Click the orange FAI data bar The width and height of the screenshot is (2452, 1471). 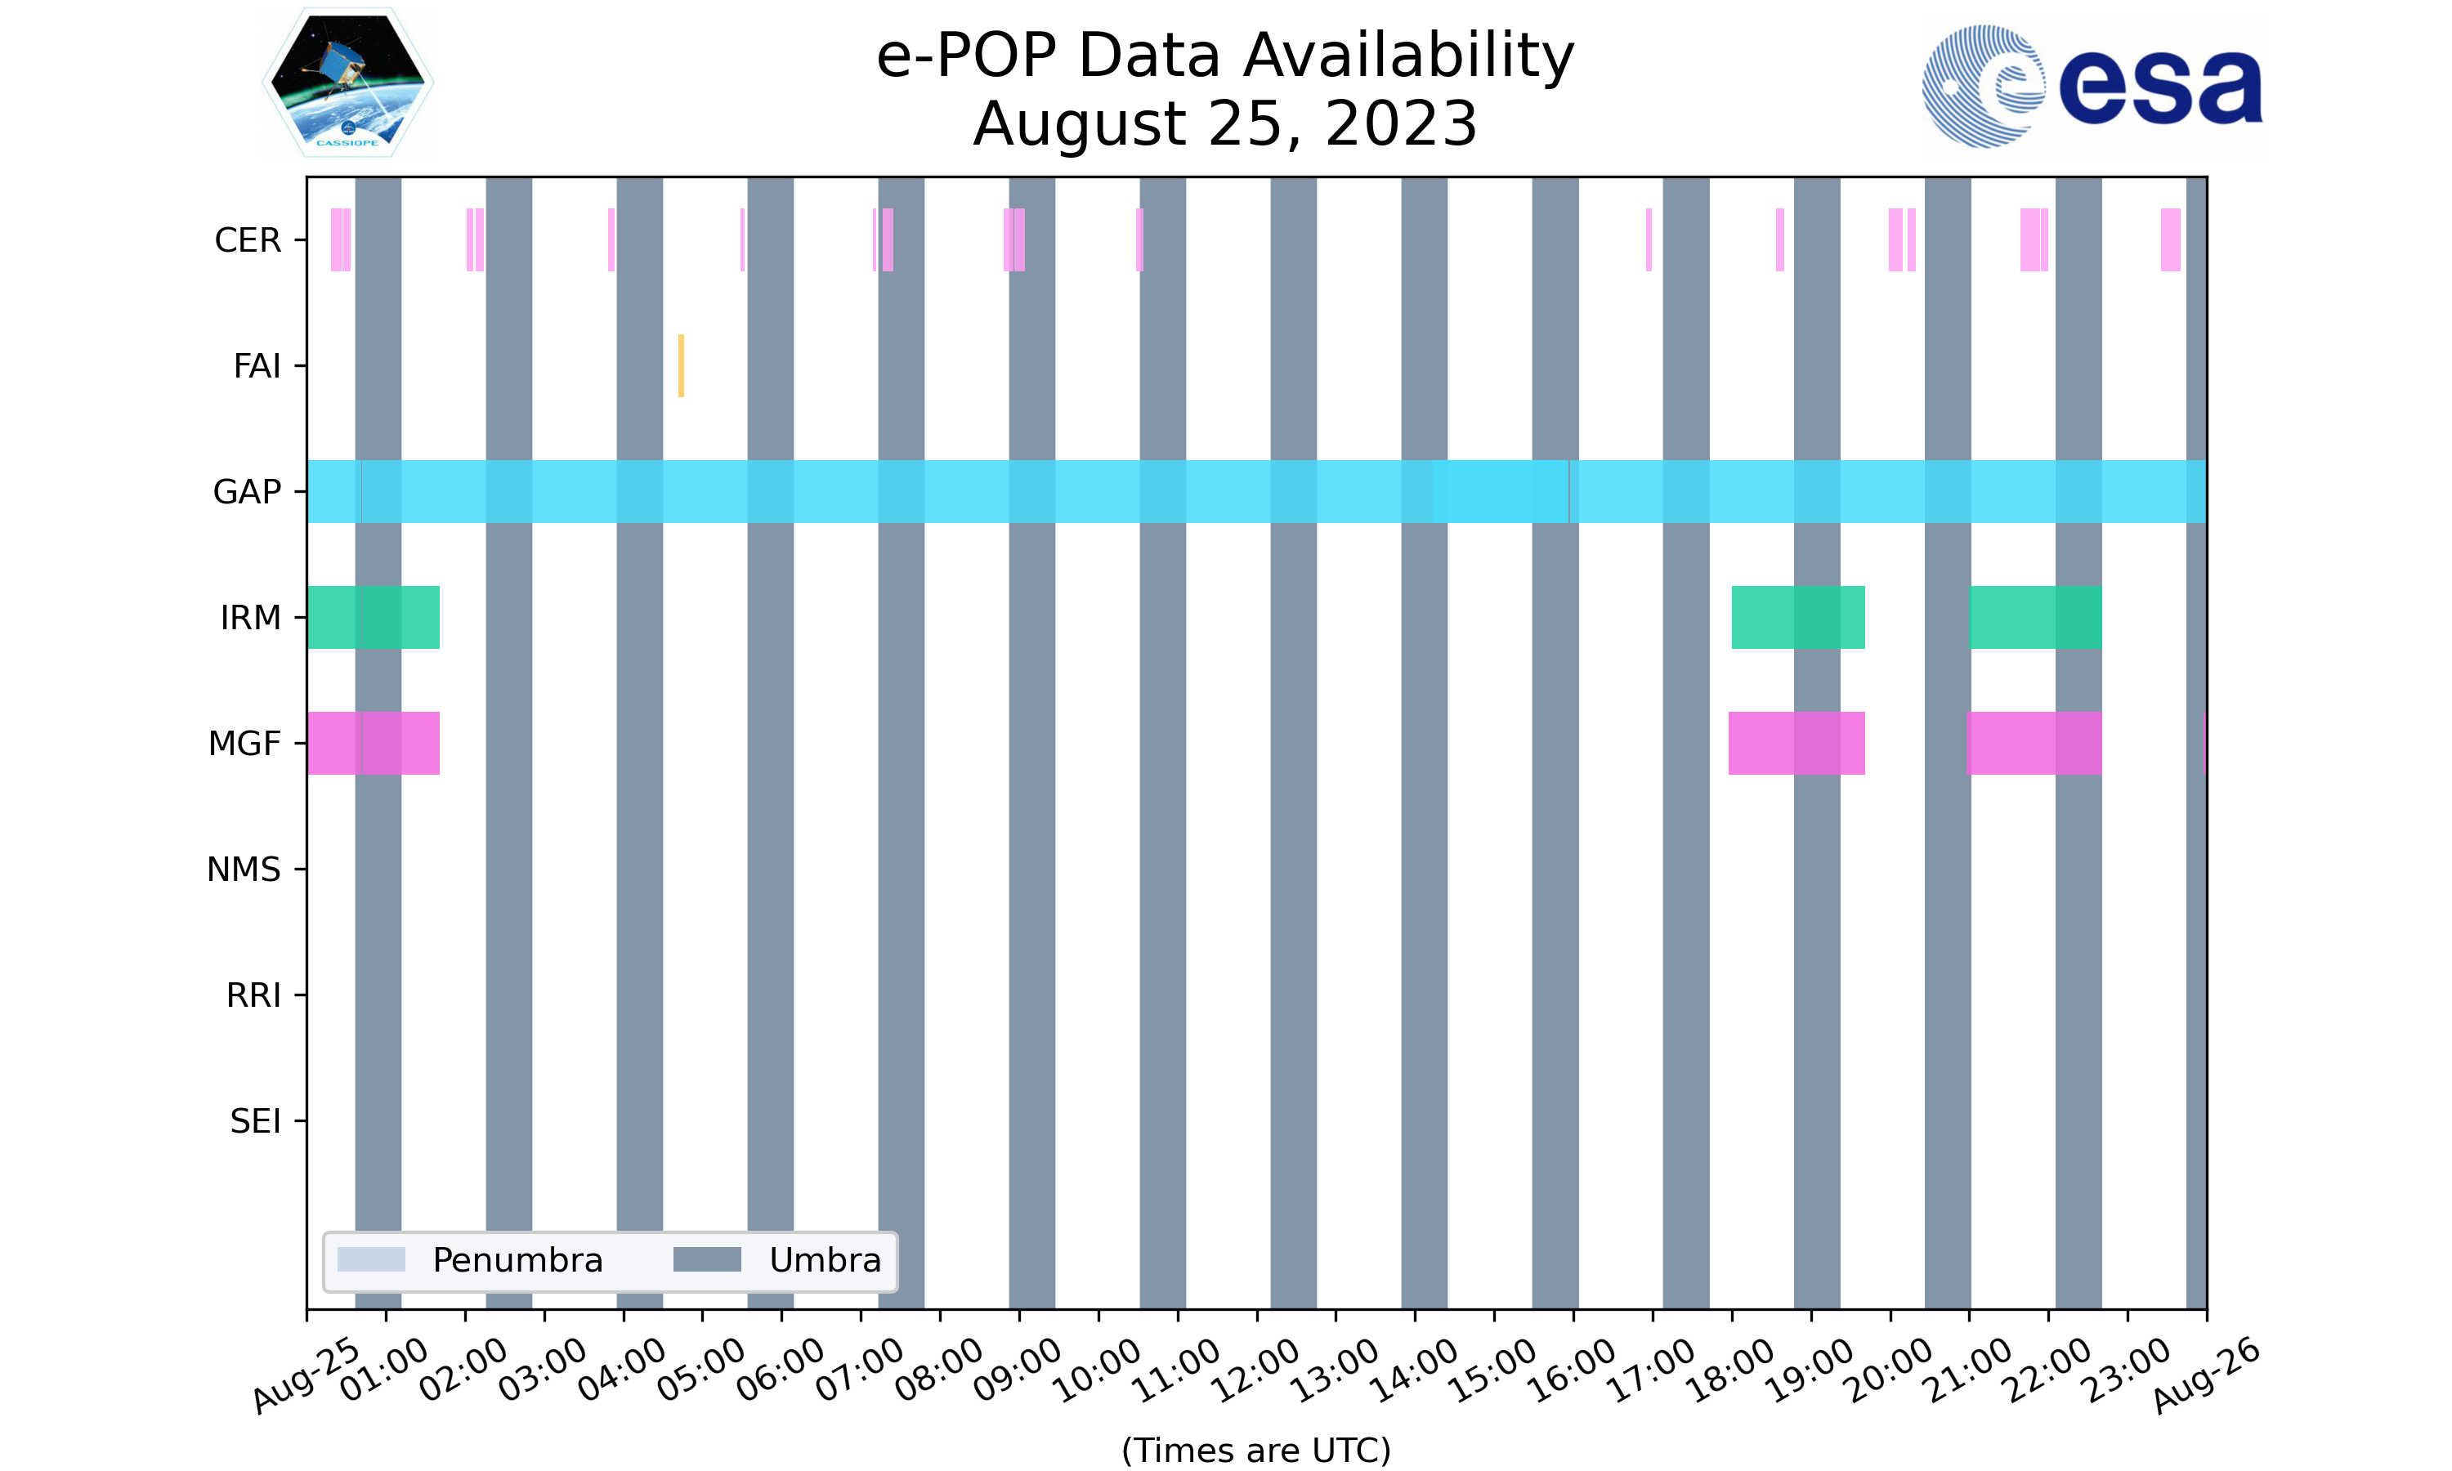[x=681, y=366]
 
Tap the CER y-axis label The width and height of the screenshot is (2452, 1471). [x=248, y=240]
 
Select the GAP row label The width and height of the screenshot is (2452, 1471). [x=247, y=492]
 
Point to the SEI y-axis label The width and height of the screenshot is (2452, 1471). [x=255, y=1121]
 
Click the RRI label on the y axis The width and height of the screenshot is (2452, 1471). [x=253, y=995]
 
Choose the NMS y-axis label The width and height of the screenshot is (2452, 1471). [x=244, y=870]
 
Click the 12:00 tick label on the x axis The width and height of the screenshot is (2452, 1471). [x=1255, y=1370]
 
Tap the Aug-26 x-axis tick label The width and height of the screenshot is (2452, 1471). [x=2205, y=1374]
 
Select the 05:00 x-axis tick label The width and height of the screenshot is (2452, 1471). [x=700, y=1370]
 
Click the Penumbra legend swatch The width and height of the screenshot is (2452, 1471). [x=371, y=1260]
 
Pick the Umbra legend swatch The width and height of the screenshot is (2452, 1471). [x=707, y=1260]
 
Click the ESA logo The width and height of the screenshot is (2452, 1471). [x=2092, y=87]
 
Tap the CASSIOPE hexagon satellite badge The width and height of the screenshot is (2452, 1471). [x=348, y=83]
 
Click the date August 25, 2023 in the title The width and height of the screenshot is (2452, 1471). [x=1225, y=125]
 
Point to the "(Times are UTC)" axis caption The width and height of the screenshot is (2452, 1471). [x=1255, y=1451]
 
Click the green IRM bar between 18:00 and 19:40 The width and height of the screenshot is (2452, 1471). [x=1798, y=618]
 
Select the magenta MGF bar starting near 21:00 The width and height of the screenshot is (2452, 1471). [x=2034, y=744]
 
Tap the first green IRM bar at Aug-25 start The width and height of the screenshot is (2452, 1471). [x=373, y=618]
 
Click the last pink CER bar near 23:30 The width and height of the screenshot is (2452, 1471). [x=2171, y=240]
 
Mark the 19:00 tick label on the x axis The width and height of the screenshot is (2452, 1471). [x=1810, y=1370]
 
